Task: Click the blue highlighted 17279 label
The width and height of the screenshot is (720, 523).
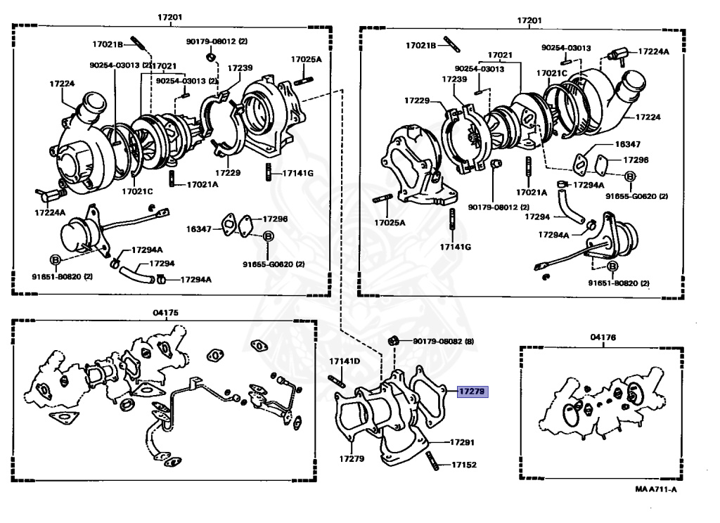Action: coord(472,392)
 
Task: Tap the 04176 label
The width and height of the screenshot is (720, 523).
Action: coord(603,337)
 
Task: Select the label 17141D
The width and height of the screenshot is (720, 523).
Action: coord(345,361)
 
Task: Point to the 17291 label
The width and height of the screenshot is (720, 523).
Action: coord(462,443)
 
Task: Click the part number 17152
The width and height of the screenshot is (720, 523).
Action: coord(464,465)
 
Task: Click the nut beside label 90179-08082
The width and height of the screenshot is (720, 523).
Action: coord(394,341)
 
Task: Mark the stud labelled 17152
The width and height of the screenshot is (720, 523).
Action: coord(432,463)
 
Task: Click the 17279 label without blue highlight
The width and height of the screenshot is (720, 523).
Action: coord(351,459)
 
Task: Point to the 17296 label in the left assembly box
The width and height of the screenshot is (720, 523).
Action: coord(275,219)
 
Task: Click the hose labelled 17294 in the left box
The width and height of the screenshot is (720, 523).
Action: coord(134,273)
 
